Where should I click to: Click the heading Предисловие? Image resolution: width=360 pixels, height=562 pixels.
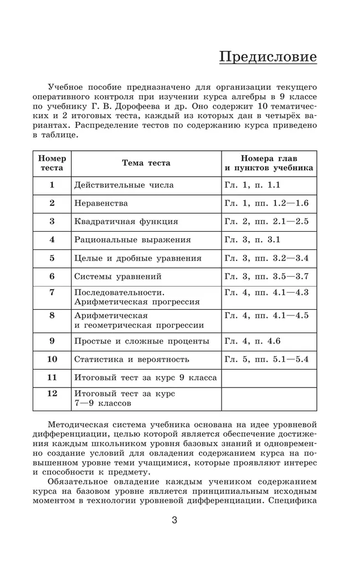[268, 57]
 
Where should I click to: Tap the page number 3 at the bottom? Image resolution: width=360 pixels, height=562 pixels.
[174, 520]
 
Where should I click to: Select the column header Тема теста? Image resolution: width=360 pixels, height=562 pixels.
[146, 163]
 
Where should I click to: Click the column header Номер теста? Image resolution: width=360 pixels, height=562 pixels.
[52, 163]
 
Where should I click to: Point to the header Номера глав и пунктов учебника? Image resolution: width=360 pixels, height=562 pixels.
[269, 163]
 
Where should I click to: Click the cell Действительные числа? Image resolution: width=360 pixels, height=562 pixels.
[124, 185]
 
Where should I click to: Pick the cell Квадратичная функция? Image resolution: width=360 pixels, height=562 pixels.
[126, 222]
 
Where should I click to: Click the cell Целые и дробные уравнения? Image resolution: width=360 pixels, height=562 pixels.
[137, 258]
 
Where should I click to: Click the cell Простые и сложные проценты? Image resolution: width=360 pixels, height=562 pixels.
[141, 341]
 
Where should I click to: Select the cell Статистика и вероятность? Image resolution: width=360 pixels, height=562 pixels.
[131, 359]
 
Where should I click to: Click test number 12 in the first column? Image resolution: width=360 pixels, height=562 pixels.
[52, 394]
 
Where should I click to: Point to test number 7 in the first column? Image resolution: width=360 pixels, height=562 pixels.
[52, 292]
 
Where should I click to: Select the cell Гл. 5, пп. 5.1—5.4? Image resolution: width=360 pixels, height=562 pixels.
[266, 359]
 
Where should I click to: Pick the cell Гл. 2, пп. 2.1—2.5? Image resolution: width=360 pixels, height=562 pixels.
[266, 222]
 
